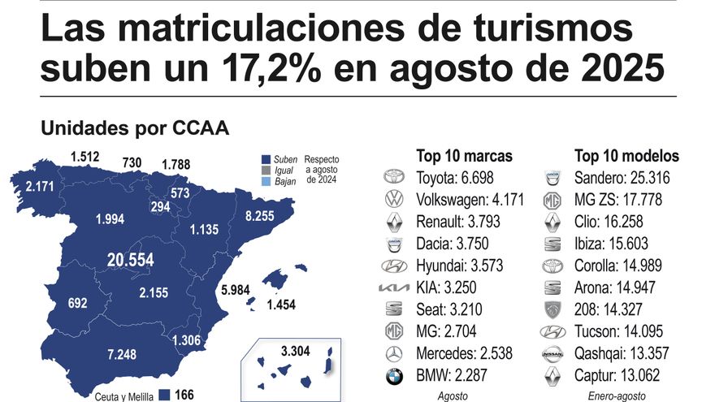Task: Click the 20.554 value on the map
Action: click(x=131, y=260)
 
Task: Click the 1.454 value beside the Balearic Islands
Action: click(x=281, y=305)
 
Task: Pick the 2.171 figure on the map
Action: click(x=40, y=187)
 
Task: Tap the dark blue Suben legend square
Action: click(x=266, y=159)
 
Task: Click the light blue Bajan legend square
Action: click(x=266, y=182)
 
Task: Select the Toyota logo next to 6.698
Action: click(x=393, y=177)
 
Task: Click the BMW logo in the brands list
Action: click(x=393, y=376)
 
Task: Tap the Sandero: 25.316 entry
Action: click(x=626, y=177)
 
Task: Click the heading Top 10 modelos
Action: click(x=626, y=156)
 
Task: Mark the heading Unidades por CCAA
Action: click(x=134, y=128)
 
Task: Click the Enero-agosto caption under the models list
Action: click(x=617, y=396)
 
